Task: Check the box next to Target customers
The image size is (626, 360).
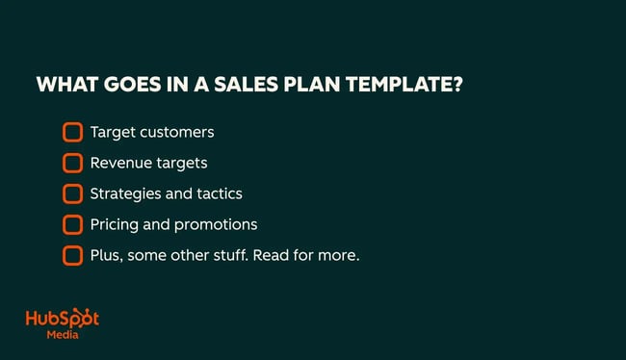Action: (x=72, y=132)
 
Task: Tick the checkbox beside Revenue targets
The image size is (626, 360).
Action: (x=72, y=163)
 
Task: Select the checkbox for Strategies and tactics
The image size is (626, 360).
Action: (x=72, y=193)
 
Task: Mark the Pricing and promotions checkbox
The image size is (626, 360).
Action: (x=72, y=224)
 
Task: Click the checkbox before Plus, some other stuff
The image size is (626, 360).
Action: (x=72, y=255)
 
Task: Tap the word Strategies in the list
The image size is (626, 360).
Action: (x=123, y=193)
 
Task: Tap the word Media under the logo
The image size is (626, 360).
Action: (x=63, y=336)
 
